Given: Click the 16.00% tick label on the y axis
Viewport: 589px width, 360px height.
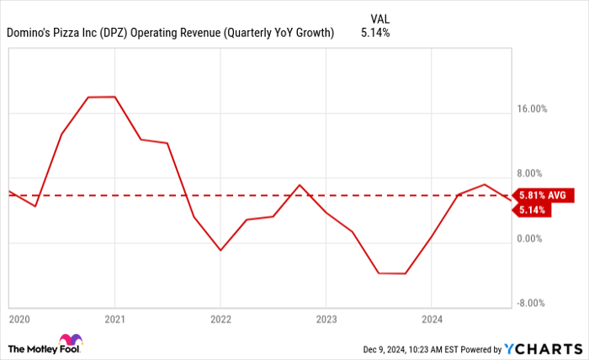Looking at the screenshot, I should (533, 109).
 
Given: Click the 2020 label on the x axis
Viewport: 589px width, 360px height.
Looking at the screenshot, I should (18, 320).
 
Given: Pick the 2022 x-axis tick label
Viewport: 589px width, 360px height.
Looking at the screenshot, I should (220, 320).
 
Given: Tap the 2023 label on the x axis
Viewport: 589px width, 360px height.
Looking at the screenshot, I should (326, 320).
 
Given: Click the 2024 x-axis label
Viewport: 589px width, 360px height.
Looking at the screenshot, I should (431, 320).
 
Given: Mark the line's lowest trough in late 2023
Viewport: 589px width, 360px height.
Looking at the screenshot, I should (392, 273).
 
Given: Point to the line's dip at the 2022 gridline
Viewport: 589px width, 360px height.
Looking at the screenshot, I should (220, 251).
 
